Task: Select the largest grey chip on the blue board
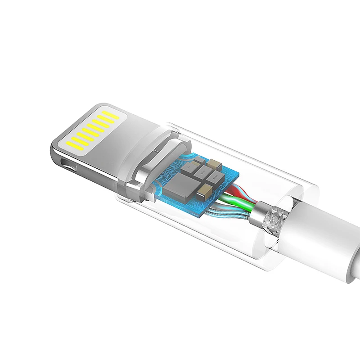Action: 182,186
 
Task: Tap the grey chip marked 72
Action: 189,167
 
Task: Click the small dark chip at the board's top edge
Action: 199,159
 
